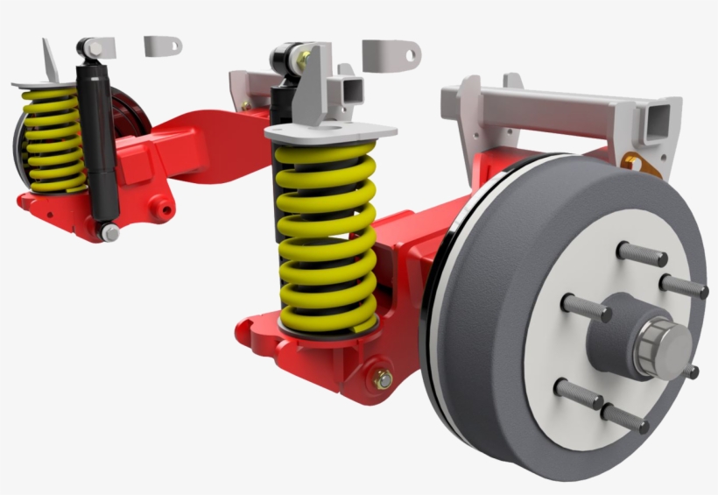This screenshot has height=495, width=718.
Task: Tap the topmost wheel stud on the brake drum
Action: click(641, 254)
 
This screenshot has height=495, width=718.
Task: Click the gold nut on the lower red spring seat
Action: click(383, 381)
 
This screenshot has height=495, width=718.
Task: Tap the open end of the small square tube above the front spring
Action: click(351, 88)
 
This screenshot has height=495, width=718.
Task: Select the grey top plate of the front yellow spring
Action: click(331, 132)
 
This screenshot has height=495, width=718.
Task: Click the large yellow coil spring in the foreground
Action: click(326, 237)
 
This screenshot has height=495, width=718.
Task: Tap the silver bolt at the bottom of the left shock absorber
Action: click(110, 232)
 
